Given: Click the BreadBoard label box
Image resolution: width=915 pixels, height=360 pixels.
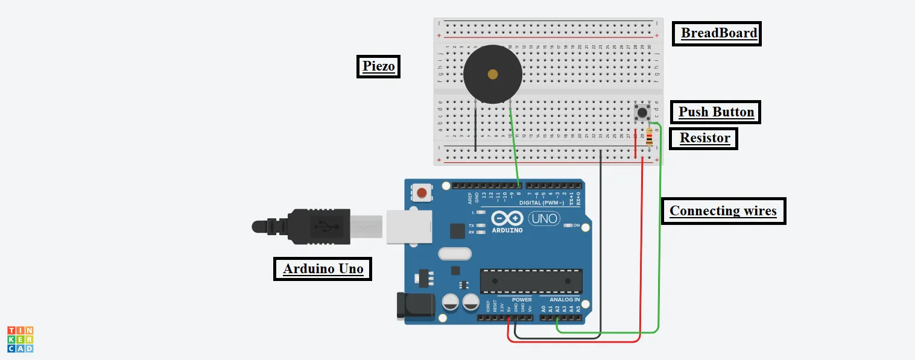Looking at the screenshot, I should (717, 33).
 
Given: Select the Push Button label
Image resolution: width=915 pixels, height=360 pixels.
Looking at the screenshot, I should (715, 112).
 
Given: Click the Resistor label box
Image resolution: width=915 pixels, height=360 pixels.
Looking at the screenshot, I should (704, 138).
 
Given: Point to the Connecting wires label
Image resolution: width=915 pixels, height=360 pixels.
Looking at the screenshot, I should (723, 211).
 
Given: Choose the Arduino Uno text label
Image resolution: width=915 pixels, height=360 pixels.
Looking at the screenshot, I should (323, 268).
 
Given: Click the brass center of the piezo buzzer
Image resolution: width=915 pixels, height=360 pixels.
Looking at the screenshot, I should (493, 74).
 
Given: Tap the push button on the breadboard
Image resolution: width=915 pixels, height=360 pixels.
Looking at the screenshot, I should (642, 112).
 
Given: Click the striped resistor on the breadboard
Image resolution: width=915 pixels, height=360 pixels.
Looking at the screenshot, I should (649, 138).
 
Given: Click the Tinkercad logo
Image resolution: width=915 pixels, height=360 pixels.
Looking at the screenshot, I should (20, 339).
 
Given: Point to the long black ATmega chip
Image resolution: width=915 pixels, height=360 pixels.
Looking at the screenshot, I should (531, 282).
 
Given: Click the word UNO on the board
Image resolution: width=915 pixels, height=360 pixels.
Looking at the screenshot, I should (544, 218).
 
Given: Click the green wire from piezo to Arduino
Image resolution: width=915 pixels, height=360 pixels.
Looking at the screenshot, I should (514, 145).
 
